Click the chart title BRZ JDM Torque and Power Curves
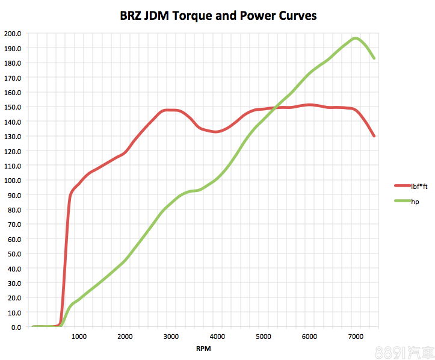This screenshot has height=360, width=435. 218,16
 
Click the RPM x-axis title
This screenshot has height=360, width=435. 203,349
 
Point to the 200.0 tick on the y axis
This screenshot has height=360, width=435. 12,34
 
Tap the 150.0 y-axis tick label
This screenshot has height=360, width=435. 12,107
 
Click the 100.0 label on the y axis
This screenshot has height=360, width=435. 12,181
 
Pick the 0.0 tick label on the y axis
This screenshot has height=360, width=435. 16,327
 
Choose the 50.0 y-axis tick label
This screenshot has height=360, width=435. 14,254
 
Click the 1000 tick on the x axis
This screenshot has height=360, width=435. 79,337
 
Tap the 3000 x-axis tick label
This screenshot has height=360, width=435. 171,337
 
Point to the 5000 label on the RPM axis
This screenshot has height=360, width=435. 264,337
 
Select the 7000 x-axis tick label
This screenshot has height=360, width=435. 356,337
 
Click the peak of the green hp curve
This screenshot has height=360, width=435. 356,39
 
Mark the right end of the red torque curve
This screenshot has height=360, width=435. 374,136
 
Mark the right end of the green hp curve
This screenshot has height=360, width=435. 374,58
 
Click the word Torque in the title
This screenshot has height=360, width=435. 191,16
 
